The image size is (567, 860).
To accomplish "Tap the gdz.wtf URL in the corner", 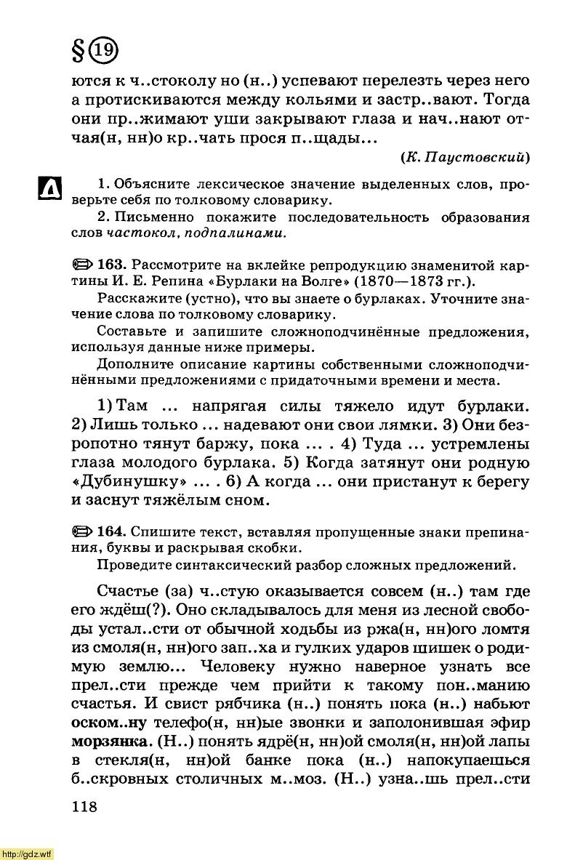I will pyautogui.click(x=26, y=853).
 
